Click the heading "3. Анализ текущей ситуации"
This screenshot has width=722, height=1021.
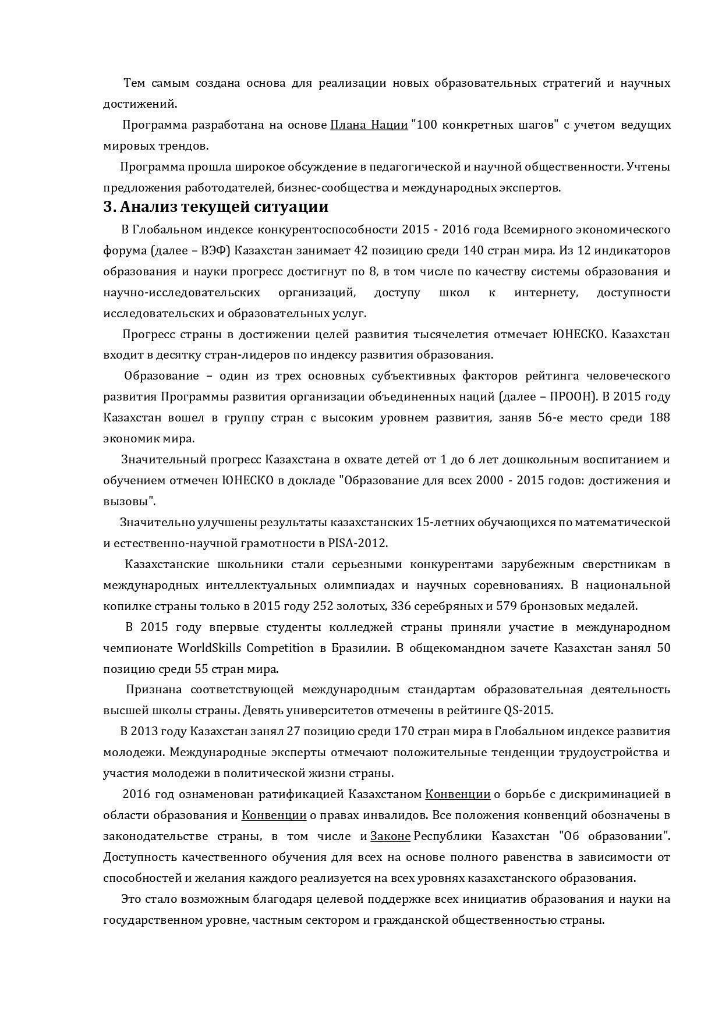215,207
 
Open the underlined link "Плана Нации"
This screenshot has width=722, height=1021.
369,125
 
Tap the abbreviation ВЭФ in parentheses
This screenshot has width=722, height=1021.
215,251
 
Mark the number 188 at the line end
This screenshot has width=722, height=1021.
659,418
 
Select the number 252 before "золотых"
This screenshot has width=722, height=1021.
323,607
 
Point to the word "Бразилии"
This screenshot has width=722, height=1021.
362,648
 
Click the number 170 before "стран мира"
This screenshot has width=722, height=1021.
405,732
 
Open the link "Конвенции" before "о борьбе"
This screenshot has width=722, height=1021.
458,795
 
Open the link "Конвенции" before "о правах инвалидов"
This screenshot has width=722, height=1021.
274,816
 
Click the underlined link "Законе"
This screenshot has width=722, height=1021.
390,836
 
